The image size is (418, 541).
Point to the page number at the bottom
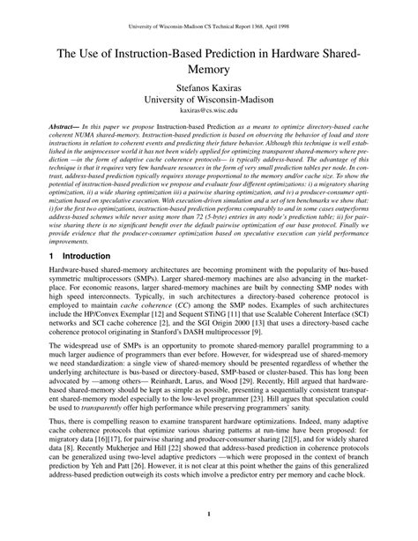click(209, 515)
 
